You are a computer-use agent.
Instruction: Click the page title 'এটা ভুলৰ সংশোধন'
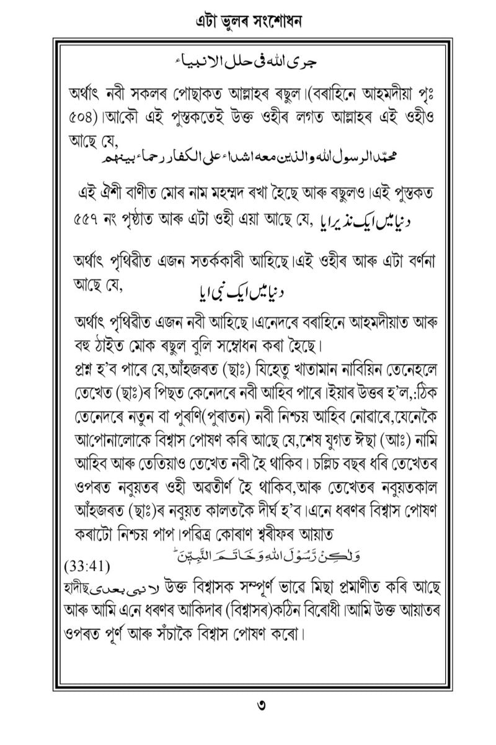248,22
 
